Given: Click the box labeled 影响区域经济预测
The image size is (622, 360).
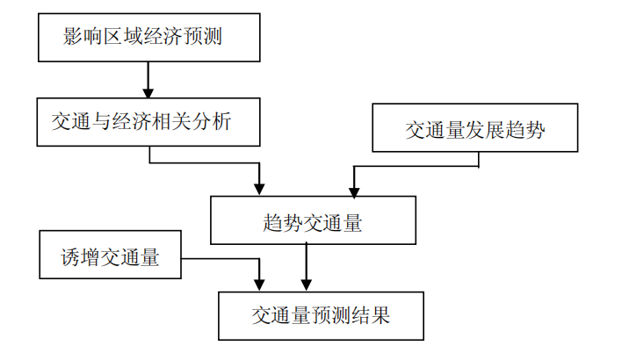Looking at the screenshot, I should pos(148,37).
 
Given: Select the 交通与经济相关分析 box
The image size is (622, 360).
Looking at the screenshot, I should pos(148,121).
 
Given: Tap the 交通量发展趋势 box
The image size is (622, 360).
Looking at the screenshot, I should pos(475,129).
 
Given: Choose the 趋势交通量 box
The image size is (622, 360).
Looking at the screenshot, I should pos(313,220).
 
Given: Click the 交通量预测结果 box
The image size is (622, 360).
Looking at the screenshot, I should pos(321,315).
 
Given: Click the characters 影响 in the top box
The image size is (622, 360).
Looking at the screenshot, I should pos(83,37).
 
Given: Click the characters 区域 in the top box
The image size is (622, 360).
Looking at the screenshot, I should pos(125,37).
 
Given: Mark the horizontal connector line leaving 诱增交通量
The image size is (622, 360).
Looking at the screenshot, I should pos(220,259).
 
